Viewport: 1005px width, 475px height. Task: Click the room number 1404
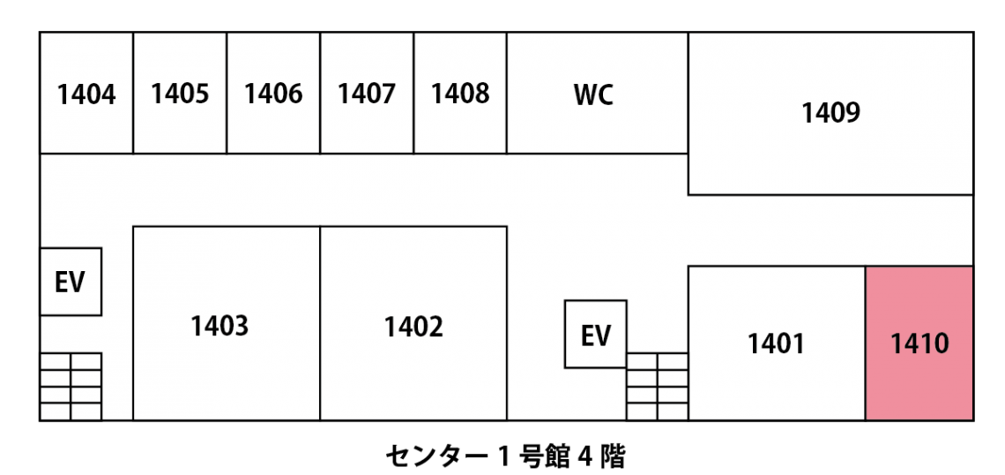coord(86,94)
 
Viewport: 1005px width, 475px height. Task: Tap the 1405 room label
coord(180,94)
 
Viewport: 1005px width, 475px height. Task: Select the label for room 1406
coord(273,94)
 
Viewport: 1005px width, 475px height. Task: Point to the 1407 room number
coord(367,94)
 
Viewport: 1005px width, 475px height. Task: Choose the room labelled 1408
coord(460,94)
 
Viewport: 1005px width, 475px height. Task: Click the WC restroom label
coord(593,95)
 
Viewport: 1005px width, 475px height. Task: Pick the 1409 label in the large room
coord(830,114)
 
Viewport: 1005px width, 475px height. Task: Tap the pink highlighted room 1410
coord(919,343)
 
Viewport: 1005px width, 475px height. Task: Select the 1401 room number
coord(776,344)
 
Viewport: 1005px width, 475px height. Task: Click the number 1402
coord(413,327)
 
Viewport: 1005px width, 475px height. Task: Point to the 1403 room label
coord(220,327)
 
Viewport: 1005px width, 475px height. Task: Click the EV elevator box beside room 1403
coord(71,282)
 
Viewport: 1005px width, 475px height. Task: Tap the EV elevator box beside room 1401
coord(596,335)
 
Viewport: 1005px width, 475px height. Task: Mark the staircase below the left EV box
coord(71,386)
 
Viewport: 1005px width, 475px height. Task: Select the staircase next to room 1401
coord(657,386)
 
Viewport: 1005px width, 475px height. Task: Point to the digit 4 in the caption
coord(584,457)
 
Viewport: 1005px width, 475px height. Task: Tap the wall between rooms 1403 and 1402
coord(320,323)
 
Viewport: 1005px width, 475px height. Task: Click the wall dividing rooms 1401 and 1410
coord(865,343)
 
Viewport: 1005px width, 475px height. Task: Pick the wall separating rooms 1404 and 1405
coord(133,94)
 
